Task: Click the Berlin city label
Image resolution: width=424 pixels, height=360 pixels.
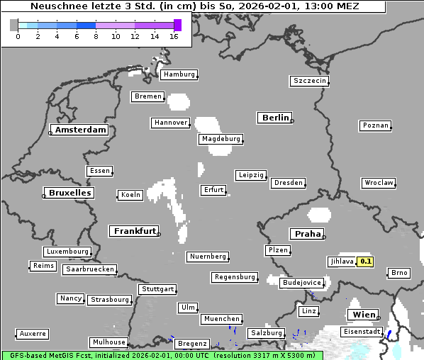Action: pos(275,118)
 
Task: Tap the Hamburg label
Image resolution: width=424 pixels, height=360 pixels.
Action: pos(178,74)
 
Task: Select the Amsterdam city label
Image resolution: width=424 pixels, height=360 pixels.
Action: pos(80,130)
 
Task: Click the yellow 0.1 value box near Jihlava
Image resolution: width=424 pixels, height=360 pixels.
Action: pos(365,261)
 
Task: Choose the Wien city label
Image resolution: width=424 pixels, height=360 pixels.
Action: pos(363,315)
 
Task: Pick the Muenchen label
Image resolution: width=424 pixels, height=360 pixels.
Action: pos(221,320)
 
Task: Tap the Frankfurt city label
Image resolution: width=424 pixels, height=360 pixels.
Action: pos(135,231)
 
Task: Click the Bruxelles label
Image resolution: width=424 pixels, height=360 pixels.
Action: pos(69,193)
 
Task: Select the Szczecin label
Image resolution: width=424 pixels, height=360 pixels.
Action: pos(310,81)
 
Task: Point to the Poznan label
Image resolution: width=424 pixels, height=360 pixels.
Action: pos(375,125)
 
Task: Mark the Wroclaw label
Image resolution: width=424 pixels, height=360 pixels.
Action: pos(379,183)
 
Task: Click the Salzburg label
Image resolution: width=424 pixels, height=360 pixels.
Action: pos(266,333)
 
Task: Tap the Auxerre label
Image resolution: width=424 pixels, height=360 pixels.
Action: pos(33,333)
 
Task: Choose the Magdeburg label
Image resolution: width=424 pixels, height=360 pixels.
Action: pos(221,139)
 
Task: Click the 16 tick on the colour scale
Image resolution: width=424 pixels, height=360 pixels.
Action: pos(173,37)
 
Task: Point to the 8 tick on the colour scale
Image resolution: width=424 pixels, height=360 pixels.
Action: pos(96,37)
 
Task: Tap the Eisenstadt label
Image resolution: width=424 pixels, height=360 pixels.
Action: pos(362,332)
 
